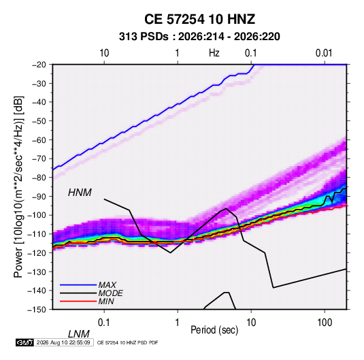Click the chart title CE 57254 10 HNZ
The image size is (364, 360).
(x=199, y=19)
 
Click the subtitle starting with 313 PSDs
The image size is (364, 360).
(x=199, y=37)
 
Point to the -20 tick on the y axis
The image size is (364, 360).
(x=39, y=65)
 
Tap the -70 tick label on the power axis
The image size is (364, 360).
(x=39, y=159)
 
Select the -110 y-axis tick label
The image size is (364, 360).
(x=37, y=234)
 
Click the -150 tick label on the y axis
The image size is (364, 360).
(x=37, y=310)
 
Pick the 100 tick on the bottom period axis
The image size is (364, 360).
(x=325, y=323)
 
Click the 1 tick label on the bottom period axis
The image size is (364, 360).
(x=178, y=323)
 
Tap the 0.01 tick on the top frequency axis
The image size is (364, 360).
(x=324, y=53)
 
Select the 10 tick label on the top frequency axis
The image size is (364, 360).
(x=104, y=53)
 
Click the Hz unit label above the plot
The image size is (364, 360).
(x=214, y=53)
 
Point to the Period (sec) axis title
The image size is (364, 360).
(x=214, y=330)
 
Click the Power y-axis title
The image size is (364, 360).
(x=18, y=186)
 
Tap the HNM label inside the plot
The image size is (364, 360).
(x=80, y=193)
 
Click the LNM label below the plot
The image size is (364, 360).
(x=78, y=334)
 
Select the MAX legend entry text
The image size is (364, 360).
(x=107, y=285)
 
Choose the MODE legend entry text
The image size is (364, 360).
(x=110, y=293)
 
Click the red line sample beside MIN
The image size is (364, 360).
(x=78, y=301)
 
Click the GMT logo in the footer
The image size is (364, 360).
(x=24, y=342)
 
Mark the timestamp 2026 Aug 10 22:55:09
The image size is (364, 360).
(x=63, y=342)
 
